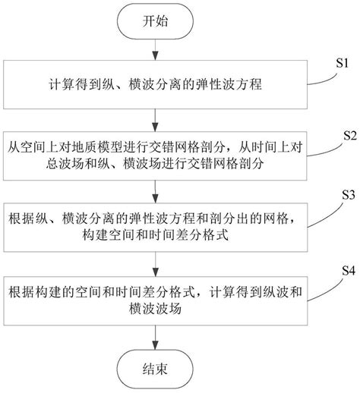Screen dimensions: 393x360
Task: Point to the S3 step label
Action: [347, 195]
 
